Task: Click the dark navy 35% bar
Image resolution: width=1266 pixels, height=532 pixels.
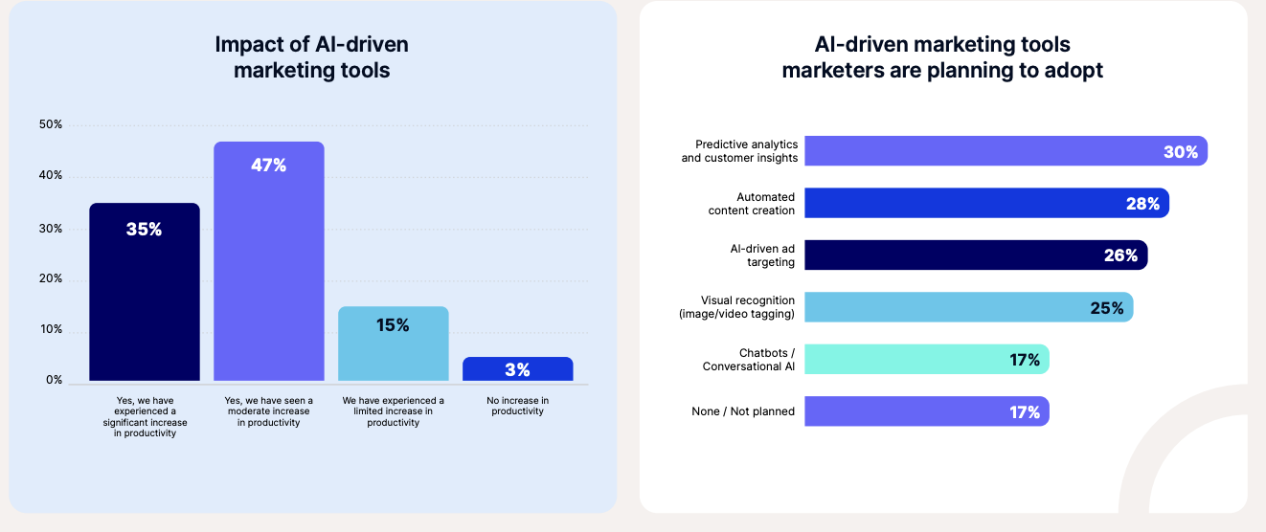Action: [145, 292]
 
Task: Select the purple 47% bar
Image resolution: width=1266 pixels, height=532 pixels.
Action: [269, 261]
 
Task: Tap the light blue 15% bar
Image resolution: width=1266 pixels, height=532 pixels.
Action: [394, 344]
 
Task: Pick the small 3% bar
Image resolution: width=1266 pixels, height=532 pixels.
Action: [518, 369]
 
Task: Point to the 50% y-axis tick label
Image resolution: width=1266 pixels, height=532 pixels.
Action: [51, 124]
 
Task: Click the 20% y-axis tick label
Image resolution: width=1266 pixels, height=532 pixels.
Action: [51, 279]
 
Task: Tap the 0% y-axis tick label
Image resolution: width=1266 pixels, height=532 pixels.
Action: [54, 380]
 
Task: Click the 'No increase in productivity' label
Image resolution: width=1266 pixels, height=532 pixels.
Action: [518, 406]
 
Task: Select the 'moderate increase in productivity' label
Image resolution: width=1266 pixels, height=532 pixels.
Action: [268, 411]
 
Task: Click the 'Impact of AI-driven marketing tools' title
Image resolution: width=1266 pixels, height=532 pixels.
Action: [312, 57]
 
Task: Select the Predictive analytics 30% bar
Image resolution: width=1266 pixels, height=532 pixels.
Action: [1006, 151]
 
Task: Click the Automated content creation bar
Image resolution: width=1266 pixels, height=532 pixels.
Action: [986, 203]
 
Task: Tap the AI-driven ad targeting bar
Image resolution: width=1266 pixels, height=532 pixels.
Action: [975, 255]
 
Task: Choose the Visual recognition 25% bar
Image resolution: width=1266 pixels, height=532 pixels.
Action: [968, 307]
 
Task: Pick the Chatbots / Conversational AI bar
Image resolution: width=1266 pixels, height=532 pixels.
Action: [926, 359]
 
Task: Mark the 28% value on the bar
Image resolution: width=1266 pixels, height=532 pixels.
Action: [1142, 204]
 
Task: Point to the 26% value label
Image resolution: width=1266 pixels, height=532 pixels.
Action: [1120, 255]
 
